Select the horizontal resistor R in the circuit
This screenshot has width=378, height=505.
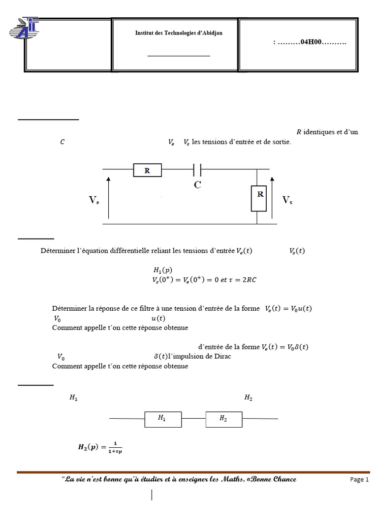point(147,171)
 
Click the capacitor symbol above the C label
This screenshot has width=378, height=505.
point(197,170)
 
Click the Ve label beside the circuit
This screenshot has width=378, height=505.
point(94,200)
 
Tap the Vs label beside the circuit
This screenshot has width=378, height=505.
point(287,200)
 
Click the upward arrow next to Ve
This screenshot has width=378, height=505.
point(108,197)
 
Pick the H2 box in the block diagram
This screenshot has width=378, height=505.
point(223,419)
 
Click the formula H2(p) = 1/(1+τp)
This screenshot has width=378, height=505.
point(100,448)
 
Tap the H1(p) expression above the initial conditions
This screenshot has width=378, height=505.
point(163,271)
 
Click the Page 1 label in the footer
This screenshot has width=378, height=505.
point(359,479)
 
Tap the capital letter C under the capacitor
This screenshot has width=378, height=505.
point(197,185)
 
